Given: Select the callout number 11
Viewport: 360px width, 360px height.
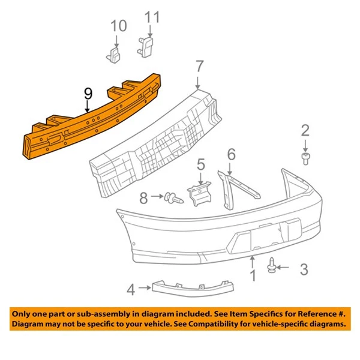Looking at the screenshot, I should pyautogui.click(x=153, y=17).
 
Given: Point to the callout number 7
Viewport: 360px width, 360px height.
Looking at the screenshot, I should pyautogui.click(x=199, y=67).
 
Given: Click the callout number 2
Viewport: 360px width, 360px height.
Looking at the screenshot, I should pyautogui.click(x=305, y=130).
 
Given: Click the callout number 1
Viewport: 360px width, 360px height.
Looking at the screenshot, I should pyautogui.click(x=253, y=277).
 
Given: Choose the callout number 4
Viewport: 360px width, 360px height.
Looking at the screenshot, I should pyautogui.click(x=130, y=290).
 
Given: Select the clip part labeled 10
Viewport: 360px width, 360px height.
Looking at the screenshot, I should pyautogui.click(x=114, y=55).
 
